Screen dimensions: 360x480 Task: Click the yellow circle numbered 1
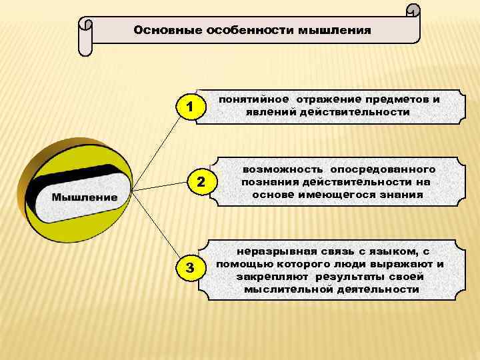coord(191,107)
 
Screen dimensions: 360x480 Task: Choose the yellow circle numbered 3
coord(191,268)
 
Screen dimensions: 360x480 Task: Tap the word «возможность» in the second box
coord(277,170)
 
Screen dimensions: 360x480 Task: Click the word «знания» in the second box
coord(399,194)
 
